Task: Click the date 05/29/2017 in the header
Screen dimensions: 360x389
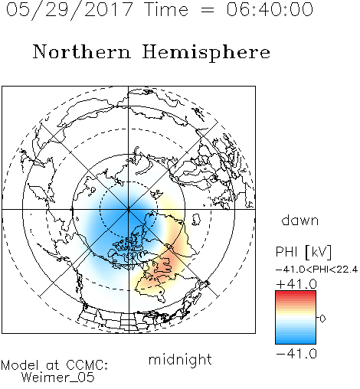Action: pyautogui.click(x=69, y=10)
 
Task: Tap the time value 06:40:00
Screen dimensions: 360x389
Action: pyautogui.click(x=270, y=9)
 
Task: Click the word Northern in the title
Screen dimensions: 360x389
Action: pyautogui.click(x=82, y=51)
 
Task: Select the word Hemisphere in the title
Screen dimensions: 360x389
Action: pyautogui.click(x=206, y=53)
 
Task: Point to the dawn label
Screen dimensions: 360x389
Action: pyautogui.click(x=300, y=221)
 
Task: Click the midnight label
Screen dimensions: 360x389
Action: pyautogui.click(x=180, y=360)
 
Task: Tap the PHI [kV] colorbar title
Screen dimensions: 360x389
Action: pyautogui.click(x=303, y=252)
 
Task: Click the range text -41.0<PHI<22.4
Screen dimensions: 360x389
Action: pyautogui.click(x=316, y=270)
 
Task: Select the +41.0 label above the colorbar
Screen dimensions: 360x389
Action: pyautogui.click(x=296, y=284)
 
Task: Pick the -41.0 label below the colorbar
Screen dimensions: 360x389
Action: pyautogui.click(x=296, y=354)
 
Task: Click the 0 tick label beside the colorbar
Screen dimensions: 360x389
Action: pyautogui.click(x=322, y=319)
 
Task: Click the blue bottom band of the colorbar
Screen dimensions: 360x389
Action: pyautogui.click(x=296, y=341)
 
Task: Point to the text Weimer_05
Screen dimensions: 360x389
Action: pyautogui.click(x=58, y=378)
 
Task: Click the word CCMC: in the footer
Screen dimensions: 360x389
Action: pyautogui.click(x=87, y=365)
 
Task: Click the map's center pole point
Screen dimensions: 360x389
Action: pyautogui.click(x=129, y=210)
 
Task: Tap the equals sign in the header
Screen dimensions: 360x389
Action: pyautogui.click(x=207, y=10)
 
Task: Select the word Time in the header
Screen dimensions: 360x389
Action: pyautogui.click(x=166, y=9)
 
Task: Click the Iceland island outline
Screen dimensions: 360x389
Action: pyautogui.click(x=196, y=220)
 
